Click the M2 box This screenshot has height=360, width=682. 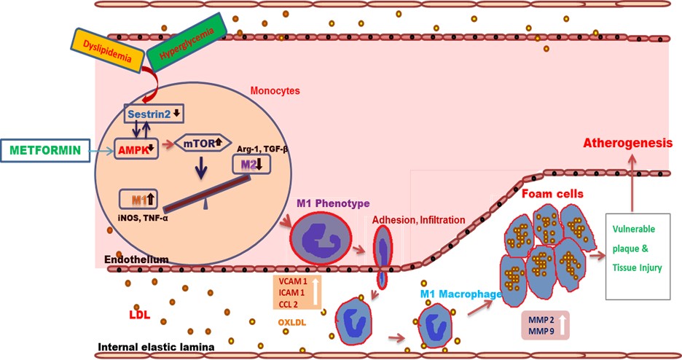(x=250, y=166)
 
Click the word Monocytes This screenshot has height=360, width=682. (x=275, y=92)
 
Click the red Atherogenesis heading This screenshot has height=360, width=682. (x=626, y=144)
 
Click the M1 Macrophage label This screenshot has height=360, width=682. (x=460, y=294)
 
